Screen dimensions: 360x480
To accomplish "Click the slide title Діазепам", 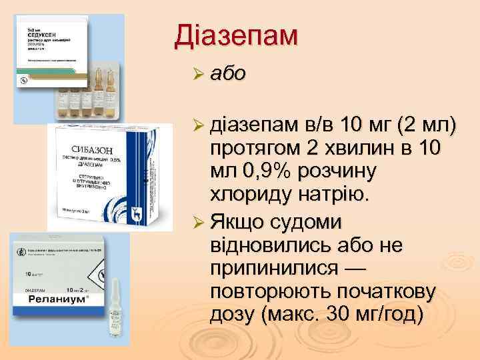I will point(235,36).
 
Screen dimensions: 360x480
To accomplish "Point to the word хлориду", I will point(246,195).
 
